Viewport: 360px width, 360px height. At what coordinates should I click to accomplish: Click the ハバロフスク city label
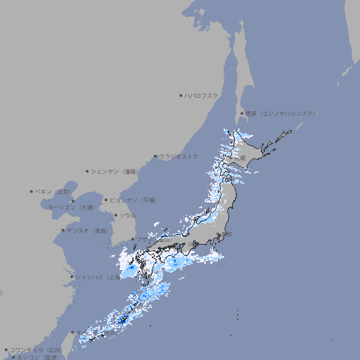[x=202, y=95]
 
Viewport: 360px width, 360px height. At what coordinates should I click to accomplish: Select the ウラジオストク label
[x=179, y=156]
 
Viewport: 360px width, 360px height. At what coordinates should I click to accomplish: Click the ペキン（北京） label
[x=54, y=191]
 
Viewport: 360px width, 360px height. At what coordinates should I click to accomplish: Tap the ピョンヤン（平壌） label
[x=134, y=200]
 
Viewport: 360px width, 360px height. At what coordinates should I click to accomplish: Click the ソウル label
[x=127, y=215]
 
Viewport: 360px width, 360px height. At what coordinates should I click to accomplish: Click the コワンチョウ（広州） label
[x=36, y=349]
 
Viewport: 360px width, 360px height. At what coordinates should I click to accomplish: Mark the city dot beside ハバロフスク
[x=181, y=95]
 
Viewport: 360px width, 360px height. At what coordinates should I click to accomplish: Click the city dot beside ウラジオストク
[x=155, y=156]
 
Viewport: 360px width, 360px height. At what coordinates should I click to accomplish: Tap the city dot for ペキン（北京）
[x=32, y=191]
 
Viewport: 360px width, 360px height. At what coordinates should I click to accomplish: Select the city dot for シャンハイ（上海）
[x=72, y=277]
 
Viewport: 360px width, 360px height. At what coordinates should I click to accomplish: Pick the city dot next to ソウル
[x=115, y=215]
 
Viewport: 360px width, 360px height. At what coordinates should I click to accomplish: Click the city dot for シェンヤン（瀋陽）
[x=87, y=171]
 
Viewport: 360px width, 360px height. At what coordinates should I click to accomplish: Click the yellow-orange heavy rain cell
[x=124, y=320]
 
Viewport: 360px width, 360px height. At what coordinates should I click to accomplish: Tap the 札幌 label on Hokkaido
[x=240, y=158]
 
